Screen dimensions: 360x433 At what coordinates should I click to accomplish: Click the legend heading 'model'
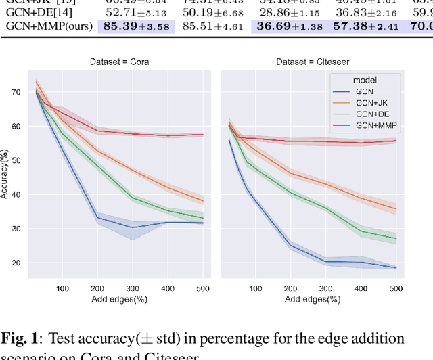coord(365,80)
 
